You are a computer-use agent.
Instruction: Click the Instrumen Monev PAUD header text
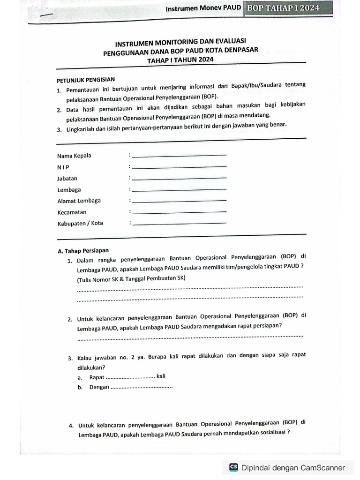[x=204, y=8]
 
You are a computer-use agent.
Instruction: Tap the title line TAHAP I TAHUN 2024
[x=180, y=60]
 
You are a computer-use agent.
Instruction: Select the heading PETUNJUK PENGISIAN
[x=86, y=80]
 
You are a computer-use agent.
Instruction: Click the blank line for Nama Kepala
[x=179, y=156]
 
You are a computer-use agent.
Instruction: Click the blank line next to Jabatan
[x=179, y=178]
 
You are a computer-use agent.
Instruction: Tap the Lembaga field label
[x=69, y=189]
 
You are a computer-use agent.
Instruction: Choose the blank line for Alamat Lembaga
[x=179, y=201]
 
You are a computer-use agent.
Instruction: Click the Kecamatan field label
[x=72, y=212]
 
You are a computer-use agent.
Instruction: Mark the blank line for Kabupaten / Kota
[x=179, y=223]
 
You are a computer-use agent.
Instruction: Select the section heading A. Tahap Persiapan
[x=83, y=250]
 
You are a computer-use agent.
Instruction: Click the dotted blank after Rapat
[x=131, y=377]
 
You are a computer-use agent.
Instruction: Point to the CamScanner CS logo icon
[x=233, y=467]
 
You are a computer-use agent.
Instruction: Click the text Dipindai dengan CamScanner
[x=293, y=467]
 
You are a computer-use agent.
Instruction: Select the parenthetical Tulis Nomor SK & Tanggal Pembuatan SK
[x=132, y=278]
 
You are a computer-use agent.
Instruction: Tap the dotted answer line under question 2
[x=190, y=336]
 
